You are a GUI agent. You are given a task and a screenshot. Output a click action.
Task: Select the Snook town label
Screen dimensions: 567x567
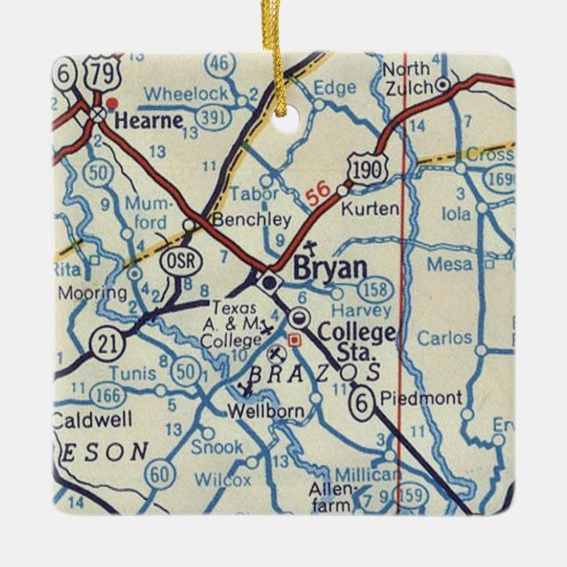(x=217, y=447)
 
